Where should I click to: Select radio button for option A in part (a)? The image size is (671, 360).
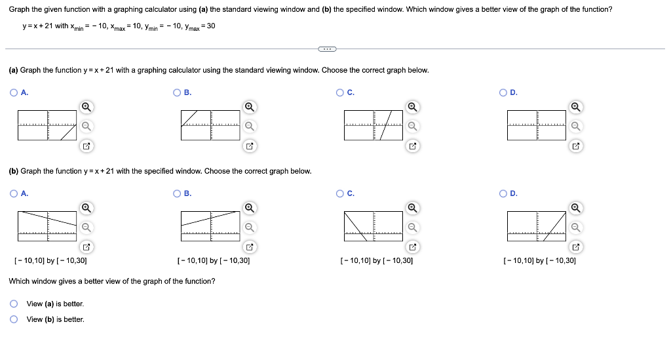tap(13, 92)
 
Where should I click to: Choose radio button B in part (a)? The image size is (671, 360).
tap(177, 92)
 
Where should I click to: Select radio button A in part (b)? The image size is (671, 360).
tap(13, 193)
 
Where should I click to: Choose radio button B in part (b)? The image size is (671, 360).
tap(177, 193)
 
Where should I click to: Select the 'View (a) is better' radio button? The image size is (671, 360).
tap(13, 304)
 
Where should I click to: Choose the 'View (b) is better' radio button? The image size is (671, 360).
tap(13, 319)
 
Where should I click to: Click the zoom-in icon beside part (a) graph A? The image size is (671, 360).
tap(86, 107)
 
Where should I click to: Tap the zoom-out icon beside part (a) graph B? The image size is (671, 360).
tap(249, 127)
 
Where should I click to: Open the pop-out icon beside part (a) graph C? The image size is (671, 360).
tap(412, 146)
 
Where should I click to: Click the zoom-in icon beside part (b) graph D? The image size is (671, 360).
tap(575, 208)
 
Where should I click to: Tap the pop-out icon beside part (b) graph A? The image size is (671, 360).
tap(86, 247)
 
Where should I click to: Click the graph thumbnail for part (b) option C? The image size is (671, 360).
tap(374, 226)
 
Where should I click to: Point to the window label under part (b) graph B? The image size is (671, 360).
tap(214, 261)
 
